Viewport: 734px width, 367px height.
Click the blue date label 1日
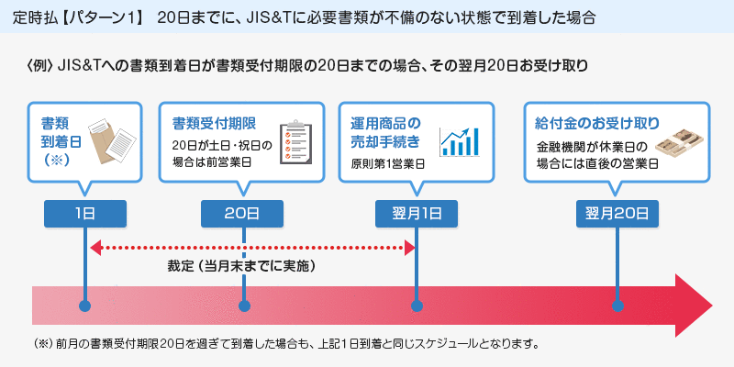[x=85, y=213]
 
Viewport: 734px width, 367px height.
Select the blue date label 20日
[x=243, y=213]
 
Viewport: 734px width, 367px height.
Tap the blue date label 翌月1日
[x=417, y=213]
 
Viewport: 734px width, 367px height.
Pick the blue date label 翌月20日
[x=617, y=213]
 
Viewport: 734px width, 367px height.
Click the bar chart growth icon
[x=460, y=140]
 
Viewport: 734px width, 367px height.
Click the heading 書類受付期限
[x=214, y=123]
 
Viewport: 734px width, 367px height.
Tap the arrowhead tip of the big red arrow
[x=710, y=305]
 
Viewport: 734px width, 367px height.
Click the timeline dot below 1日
[x=85, y=306]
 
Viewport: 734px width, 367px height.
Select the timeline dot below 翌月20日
[x=617, y=306]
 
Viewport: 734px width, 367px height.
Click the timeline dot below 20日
[x=244, y=306]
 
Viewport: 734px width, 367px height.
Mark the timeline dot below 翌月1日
[x=417, y=306]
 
